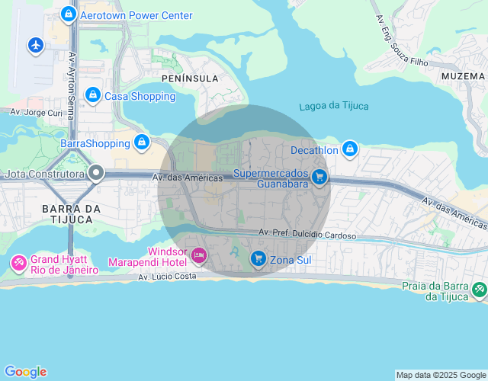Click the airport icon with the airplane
[35, 45]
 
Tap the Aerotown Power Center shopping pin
[69, 14]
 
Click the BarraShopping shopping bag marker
[141, 142]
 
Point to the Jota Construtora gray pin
[95, 173]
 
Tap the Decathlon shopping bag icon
[350, 149]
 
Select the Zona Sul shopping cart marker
[258, 260]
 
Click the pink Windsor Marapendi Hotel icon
[198, 255]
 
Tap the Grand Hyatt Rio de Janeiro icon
[18, 264]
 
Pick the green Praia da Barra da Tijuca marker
[478, 289]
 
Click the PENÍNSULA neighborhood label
[190, 78]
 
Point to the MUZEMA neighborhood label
[462, 76]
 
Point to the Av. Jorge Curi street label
[36, 111]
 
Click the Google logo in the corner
[24, 372]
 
